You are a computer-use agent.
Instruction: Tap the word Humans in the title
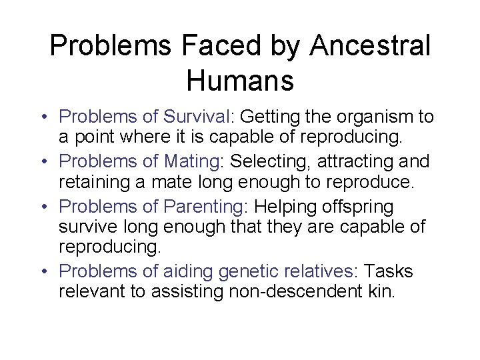(240, 81)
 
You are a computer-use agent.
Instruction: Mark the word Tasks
(389, 272)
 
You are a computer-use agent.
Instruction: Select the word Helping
(281, 206)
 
